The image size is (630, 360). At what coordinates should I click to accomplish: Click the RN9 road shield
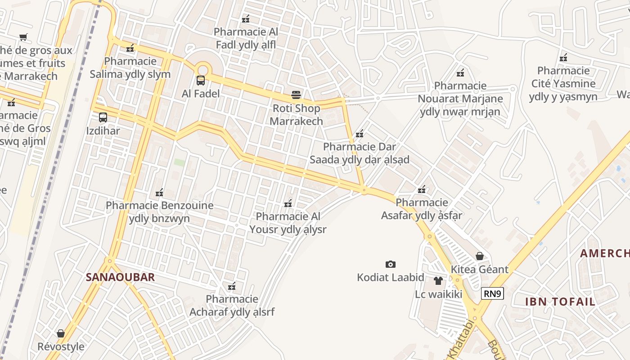(x=492, y=294)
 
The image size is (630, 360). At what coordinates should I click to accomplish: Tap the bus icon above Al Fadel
(x=201, y=81)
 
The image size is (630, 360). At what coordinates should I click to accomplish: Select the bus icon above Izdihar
(x=103, y=117)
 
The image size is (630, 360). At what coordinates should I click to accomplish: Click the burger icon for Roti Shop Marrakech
(x=296, y=95)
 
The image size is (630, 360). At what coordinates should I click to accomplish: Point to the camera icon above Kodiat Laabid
(x=391, y=264)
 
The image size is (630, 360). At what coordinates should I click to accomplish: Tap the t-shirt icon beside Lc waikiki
(x=438, y=281)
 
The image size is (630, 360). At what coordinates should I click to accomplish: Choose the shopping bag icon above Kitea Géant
(x=480, y=256)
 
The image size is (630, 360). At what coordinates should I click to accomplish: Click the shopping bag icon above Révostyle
(x=61, y=333)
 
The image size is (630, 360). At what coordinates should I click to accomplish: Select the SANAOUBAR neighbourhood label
(x=120, y=277)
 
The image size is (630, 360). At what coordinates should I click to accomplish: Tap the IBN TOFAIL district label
(x=560, y=301)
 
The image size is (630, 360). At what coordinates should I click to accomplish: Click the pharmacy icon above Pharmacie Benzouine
(x=159, y=193)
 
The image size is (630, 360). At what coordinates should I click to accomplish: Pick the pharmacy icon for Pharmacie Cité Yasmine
(x=563, y=57)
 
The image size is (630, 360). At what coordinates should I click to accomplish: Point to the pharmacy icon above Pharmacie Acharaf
(x=232, y=286)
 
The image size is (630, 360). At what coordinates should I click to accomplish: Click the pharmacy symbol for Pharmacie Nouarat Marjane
(x=460, y=72)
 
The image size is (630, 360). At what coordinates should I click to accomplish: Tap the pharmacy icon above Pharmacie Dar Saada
(x=360, y=134)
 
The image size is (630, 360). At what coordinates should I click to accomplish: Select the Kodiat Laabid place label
(x=391, y=277)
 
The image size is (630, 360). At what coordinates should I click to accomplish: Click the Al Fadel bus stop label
(x=201, y=94)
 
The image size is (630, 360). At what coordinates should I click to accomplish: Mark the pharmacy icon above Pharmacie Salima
(x=130, y=48)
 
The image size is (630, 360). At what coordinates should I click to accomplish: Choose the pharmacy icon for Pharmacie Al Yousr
(x=288, y=203)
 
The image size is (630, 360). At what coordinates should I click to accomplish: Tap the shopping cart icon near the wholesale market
(x=23, y=37)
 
